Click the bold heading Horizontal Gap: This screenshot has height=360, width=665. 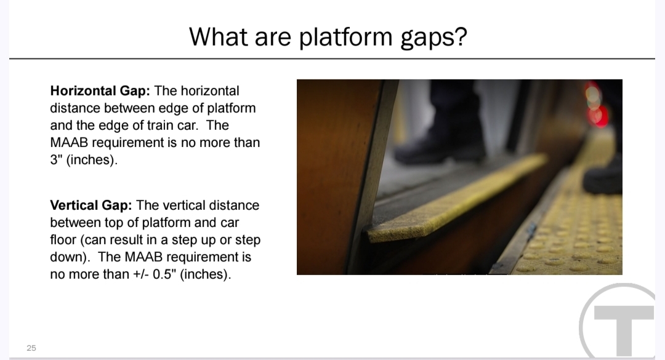click(100, 90)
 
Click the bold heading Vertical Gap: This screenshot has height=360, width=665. click(91, 205)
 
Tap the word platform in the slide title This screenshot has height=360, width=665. click(345, 38)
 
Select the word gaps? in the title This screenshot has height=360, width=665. click(433, 38)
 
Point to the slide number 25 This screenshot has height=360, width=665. click(31, 348)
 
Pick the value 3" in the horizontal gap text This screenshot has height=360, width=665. click(55, 159)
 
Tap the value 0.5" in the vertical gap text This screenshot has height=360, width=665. click(164, 274)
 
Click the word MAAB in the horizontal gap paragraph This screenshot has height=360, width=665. click(69, 143)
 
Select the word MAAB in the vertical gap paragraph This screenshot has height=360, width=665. click(143, 257)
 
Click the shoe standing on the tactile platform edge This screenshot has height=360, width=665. click(603, 176)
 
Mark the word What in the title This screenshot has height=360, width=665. click(219, 37)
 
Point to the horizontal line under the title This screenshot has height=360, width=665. click(332, 58)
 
